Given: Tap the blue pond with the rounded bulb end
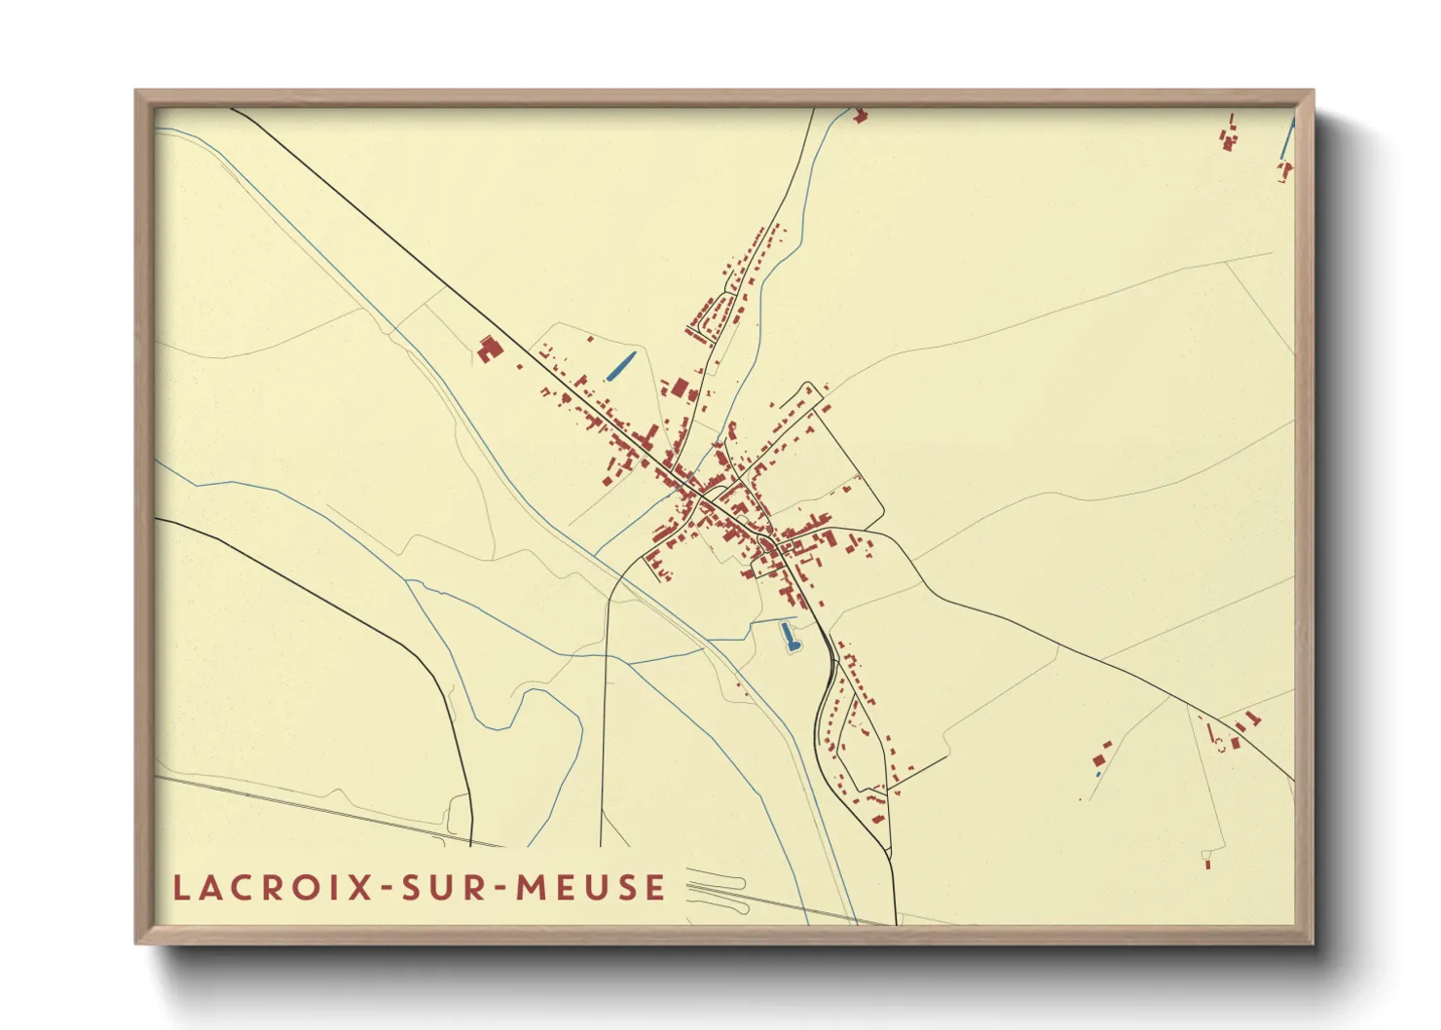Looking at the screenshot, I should [x=789, y=638].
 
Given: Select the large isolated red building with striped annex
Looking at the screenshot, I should [x=488, y=349].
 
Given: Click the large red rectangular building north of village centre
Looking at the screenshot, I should [x=680, y=388].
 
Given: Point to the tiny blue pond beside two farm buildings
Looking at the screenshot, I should [x=1098, y=773].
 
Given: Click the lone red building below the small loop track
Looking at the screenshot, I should [x=1207, y=863].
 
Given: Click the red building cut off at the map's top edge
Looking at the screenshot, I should [x=859, y=117].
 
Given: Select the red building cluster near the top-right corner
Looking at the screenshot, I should [x=1229, y=135].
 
